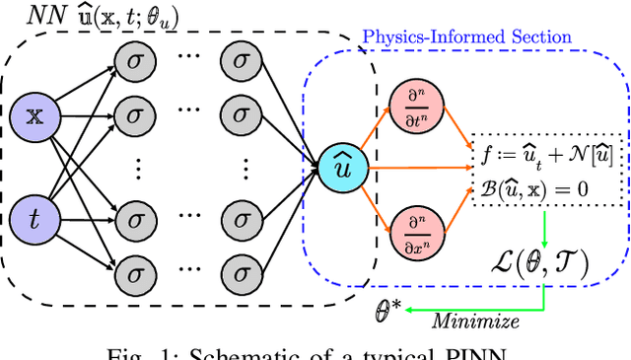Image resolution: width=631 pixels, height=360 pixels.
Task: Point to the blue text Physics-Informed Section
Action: (466, 37)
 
